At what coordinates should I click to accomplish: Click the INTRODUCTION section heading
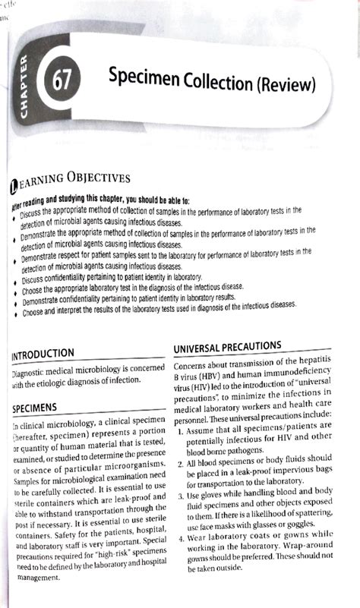[x=53, y=353]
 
